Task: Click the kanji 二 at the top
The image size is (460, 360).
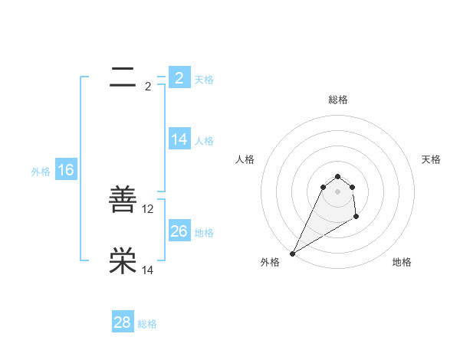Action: (123, 77)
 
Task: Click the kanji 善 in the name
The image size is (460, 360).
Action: (123, 201)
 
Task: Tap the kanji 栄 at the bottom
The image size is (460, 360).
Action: (123, 261)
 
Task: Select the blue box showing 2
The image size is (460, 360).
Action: (179, 78)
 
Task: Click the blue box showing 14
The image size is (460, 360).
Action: (179, 139)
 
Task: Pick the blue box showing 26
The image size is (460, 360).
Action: (179, 231)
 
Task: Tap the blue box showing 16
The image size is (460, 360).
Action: (66, 170)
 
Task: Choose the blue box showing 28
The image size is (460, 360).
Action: (123, 322)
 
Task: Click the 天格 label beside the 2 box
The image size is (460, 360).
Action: (204, 79)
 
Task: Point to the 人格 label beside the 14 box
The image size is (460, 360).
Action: (204, 141)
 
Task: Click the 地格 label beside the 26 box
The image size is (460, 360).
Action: (204, 233)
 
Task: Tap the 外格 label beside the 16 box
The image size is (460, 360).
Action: (41, 172)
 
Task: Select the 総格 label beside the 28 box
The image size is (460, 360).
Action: (147, 324)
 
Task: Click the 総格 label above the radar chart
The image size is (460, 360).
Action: (337, 100)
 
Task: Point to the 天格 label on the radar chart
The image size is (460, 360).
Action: (431, 159)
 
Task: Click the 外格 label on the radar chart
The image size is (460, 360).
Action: (270, 262)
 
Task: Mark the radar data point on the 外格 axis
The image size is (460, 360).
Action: (292, 254)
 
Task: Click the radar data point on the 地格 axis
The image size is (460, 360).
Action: (356, 218)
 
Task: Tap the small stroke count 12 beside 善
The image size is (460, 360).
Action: (148, 208)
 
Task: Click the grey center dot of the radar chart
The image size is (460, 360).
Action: (337, 191)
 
